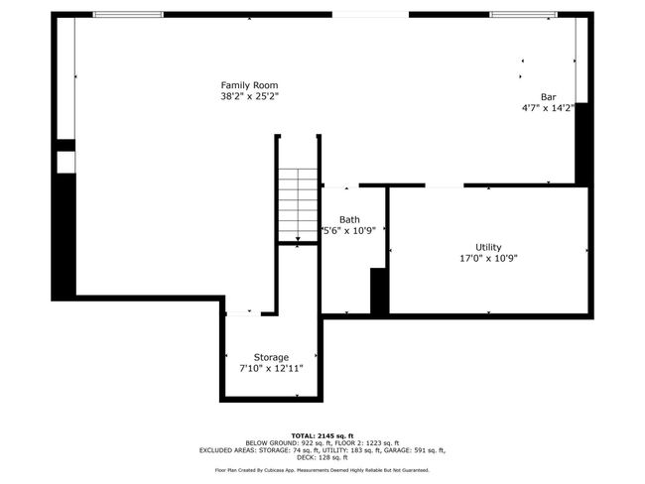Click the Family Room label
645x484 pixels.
point(249,85)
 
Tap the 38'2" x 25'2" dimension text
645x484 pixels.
point(250,96)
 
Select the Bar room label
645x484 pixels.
point(549,97)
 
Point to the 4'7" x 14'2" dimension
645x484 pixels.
point(548,108)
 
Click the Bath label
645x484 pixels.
point(349,219)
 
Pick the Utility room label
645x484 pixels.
point(488,247)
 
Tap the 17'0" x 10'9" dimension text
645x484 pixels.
point(488,258)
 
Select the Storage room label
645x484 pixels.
point(271,357)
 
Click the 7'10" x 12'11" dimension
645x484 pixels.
point(271,368)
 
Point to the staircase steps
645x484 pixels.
point(298,204)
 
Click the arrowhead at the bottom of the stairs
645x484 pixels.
point(298,239)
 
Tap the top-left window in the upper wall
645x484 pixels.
point(128,15)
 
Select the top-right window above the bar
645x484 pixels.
point(523,15)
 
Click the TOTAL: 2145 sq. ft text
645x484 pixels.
point(322,435)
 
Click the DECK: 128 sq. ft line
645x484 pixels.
point(322,457)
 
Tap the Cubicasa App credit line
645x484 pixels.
point(322,470)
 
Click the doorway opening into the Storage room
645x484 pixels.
point(243,313)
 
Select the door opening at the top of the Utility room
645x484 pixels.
point(445,185)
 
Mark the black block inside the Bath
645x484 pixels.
point(379,291)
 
